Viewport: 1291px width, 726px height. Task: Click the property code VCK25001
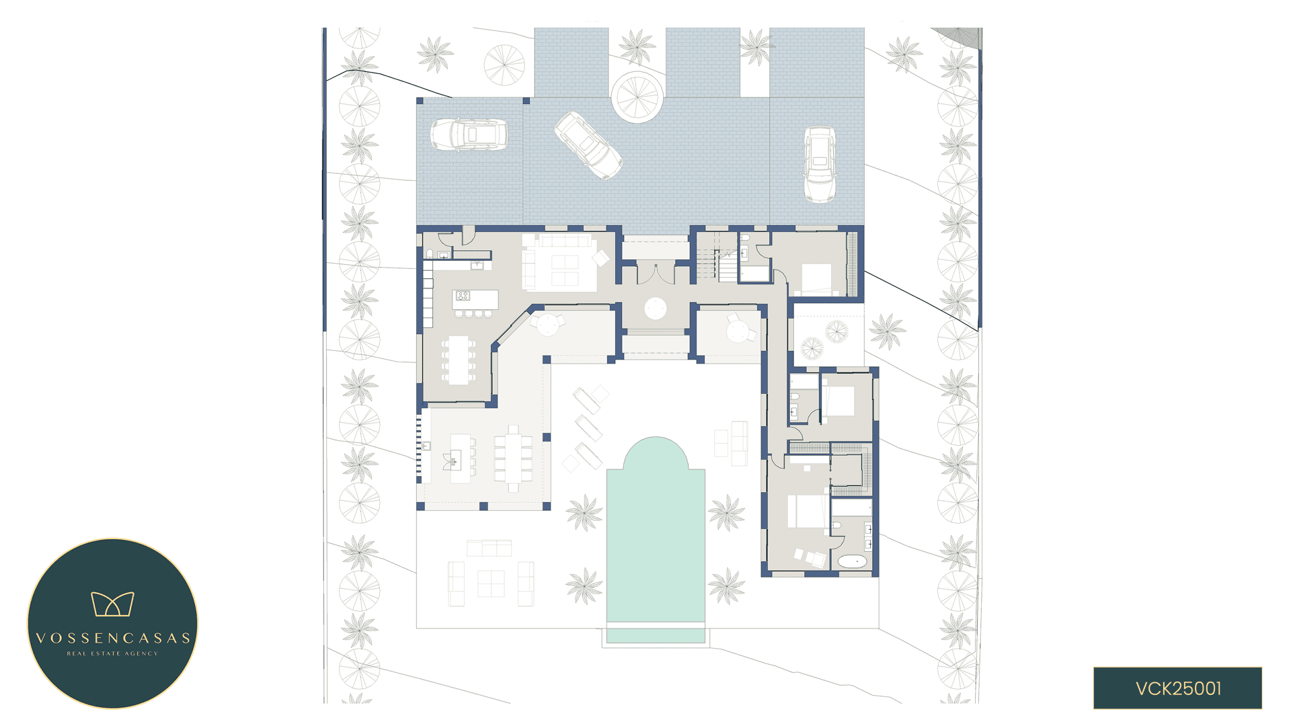pyautogui.click(x=1177, y=688)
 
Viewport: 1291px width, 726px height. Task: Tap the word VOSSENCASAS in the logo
pyautogui.click(x=112, y=638)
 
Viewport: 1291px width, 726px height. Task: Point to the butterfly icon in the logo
pyautogui.click(x=112, y=604)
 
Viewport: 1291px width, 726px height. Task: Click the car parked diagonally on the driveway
pyautogui.click(x=588, y=145)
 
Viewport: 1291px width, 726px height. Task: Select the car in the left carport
pyautogui.click(x=469, y=134)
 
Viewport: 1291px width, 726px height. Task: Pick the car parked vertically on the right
pyautogui.click(x=820, y=164)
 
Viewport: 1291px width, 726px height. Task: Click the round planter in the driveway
pyautogui.click(x=637, y=97)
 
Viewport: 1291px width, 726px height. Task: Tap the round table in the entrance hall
pyautogui.click(x=655, y=309)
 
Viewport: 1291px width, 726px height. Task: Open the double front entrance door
pyautogui.click(x=656, y=273)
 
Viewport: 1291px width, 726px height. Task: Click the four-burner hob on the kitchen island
pyautogui.click(x=463, y=296)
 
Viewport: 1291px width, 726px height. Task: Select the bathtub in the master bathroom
pyautogui.click(x=853, y=561)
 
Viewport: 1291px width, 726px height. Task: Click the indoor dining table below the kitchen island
pyautogui.click(x=459, y=360)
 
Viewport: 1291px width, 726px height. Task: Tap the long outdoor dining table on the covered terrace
pyautogui.click(x=513, y=458)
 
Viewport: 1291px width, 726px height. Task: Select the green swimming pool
pyautogui.click(x=656, y=538)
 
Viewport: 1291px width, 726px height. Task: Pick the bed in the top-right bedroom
pyautogui.click(x=816, y=278)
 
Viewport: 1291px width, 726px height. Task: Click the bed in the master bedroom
pyautogui.click(x=808, y=511)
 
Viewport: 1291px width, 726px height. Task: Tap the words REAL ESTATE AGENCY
pyautogui.click(x=112, y=653)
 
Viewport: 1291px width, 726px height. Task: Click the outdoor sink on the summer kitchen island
pyautogui.click(x=454, y=461)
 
